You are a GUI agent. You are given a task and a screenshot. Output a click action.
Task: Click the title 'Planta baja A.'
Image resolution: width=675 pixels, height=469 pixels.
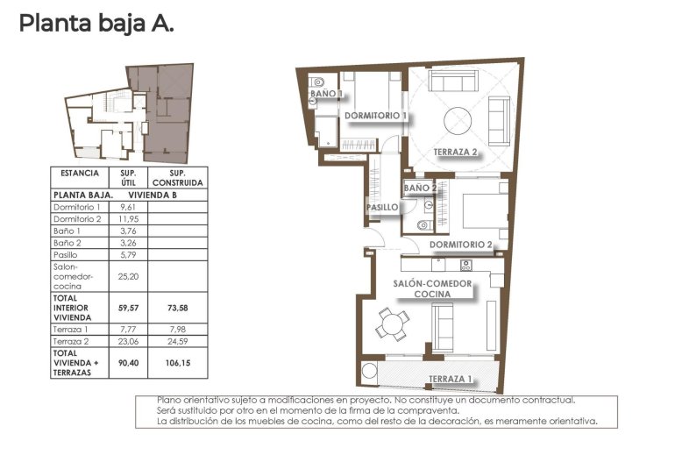pyautogui.click(x=96, y=24)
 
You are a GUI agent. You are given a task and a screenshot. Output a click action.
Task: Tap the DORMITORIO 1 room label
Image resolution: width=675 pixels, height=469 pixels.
pyautogui.click(x=375, y=116)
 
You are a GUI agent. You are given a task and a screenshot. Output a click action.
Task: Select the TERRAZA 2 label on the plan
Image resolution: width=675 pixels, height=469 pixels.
pyautogui.click(x=455, y=153)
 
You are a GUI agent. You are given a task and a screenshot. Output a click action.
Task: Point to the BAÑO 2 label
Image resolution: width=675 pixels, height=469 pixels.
pyautogui.click(x=420, y=188)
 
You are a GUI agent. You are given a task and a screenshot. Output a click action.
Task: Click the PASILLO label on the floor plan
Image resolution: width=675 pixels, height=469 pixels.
pyautogui.click(x=382, y=208)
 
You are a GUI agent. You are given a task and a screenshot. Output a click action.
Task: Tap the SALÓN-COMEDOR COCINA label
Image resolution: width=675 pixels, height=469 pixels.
pyautogui.click(x=433, y=289)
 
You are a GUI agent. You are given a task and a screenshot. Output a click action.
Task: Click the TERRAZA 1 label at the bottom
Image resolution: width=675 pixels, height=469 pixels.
pyautogui.click(x=451, y=380)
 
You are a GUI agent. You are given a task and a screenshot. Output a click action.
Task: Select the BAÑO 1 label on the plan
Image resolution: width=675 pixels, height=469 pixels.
pyautogui.click(x=327, y=93)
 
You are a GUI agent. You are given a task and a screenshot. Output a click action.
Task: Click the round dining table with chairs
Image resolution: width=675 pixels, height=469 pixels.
pyautogui.click(x=392, y=324)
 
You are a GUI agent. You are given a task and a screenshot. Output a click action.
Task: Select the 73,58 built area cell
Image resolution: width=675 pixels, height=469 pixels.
pyautogui.click(x=178, y=308)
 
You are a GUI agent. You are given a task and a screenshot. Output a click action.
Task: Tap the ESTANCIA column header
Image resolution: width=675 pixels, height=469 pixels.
pyautogui.click(x=80, y=173)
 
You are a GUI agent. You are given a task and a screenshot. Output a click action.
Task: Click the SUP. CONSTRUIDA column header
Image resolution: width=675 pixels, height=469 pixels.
pyautogui.click(x=178, y=177)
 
